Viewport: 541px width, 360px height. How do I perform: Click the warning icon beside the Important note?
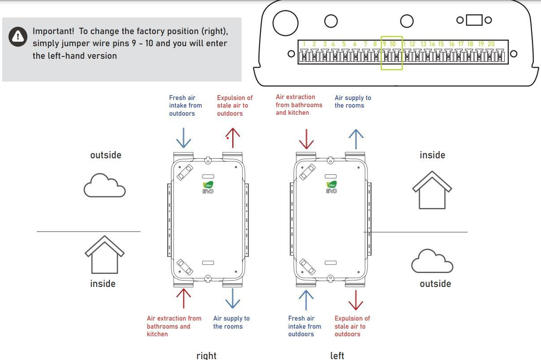18,37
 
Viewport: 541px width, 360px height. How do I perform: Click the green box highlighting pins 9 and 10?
391,53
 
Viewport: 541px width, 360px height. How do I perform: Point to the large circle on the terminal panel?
285,23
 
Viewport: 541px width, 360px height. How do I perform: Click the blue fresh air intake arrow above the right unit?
184,138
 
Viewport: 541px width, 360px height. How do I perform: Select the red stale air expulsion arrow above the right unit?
232,138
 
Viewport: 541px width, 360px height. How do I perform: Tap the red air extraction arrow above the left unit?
306,139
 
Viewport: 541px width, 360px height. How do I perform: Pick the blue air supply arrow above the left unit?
356,139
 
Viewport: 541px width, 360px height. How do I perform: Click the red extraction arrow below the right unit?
183,299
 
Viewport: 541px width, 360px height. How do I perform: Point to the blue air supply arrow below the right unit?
232,299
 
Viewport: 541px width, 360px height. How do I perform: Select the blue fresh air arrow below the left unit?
306,300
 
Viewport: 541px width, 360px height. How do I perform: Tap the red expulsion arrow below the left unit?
355,300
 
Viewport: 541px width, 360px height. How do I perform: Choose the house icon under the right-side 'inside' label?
432,190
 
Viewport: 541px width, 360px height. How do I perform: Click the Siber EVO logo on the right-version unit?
208,187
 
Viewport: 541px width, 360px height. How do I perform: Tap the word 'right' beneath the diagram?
206,356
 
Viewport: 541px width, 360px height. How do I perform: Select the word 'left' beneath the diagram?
337,356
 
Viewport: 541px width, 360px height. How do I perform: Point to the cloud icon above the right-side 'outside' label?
432,261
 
